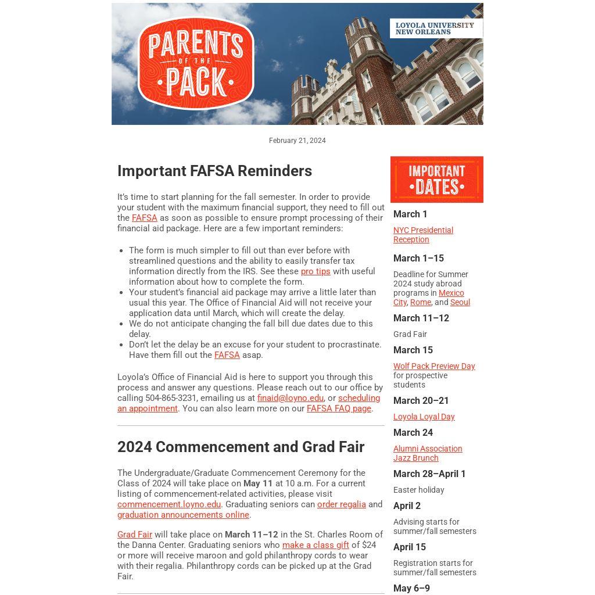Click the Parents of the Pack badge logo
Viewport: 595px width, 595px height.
pyautogui.click(x=196, y=63)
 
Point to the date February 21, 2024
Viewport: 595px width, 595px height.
pyautogui.click(x=297, y=141)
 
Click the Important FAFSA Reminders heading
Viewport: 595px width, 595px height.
pyautogui.click(x=214, y=171)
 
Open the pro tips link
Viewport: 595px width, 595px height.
pyautogui.click(x=316, y=271)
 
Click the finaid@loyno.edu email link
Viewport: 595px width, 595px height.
pyautogui.click(x=290, y=398)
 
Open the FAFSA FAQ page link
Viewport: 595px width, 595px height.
pyautogui.click(x=339, y=408)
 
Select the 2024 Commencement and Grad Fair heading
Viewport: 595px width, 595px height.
pyautogui.click(x=241, y=447)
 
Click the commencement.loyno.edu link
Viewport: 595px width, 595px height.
pyautogui.click(x=169, y=504)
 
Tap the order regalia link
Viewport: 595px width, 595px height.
pyautogui.click(x=341, y=504)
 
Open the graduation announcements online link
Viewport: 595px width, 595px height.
pyautogui.click(x=183, y=515)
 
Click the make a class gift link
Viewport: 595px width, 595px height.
pyautogui.click(x=316, y=545)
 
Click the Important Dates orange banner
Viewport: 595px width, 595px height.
pyautogui.click(x=436, y=180)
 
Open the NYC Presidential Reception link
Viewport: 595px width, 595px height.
pyautogui.click(x=423, y=235)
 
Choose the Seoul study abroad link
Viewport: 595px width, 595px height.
pyautogui.click(x=460, y=302)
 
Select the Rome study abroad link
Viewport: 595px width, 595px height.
pyautogui.click(x=420, y=302)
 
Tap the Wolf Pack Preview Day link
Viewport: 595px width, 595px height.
pyautogui.click(x=434, y=366)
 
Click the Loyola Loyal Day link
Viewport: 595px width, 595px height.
pyautogui.click(x=424, y=417)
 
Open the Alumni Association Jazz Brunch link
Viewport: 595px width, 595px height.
pyautogui.click(x=427, y=453)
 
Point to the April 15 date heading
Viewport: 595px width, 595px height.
pyautogui.click(x=410, y=547)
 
